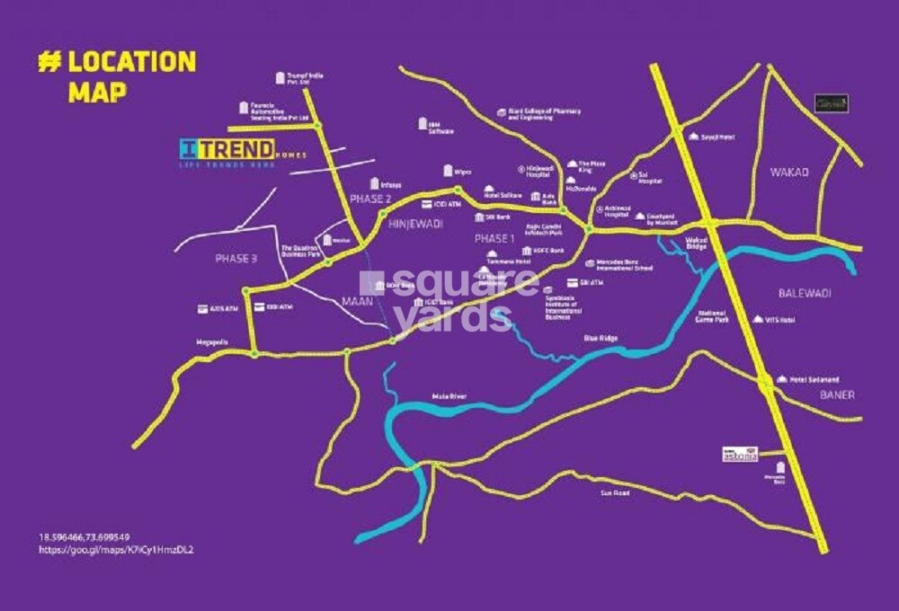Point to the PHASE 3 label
236,258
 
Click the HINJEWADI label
415,225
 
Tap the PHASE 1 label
493,239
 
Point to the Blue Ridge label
601,339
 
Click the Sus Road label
614,493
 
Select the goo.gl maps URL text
116,548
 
